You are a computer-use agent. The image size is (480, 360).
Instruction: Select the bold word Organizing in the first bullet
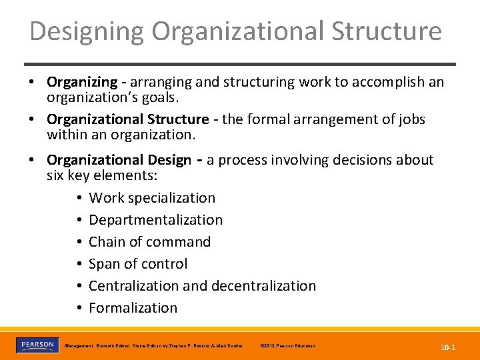click(x=81, y=82)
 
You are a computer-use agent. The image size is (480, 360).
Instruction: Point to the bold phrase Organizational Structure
click(x=127, y=119)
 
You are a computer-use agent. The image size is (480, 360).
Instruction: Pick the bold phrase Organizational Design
click(x=119, y=160)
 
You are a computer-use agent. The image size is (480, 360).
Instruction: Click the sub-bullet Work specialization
click(x=152, y=198)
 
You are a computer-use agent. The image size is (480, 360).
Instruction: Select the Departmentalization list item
click(x=155, y=220)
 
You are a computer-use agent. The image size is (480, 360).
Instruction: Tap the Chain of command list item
click(x=149, y=242)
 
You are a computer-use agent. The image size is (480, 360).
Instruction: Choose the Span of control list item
click(x=138, y=264)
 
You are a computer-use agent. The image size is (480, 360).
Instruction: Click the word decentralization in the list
click(x=264, y=286)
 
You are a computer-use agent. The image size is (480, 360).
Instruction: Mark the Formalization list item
click(x=133, y=308)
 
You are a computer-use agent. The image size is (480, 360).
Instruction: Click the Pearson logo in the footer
click(x=37, y=345)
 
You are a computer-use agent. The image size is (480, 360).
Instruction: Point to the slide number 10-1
click(x=447, y=347)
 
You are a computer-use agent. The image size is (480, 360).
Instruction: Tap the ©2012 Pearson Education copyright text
click(x=288, y=346)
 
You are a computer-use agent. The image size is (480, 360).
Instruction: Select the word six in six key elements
click(x=55, y=175)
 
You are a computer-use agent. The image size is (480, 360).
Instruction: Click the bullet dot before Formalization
click(x=79, y=308)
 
